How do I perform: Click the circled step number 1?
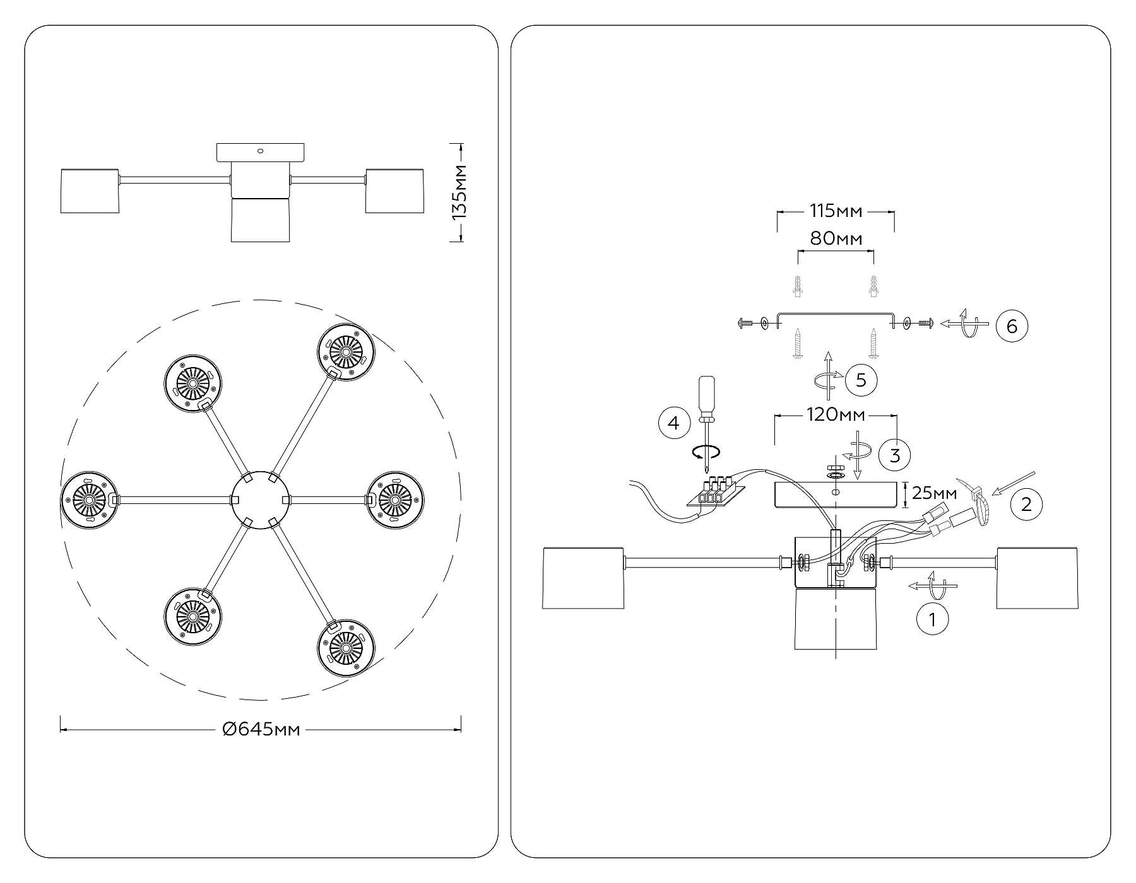[932, 619]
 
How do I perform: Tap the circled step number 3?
[895, 455]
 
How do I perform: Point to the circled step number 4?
[674, 423]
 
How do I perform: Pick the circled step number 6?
[1012, 326]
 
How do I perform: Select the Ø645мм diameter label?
[261, 730]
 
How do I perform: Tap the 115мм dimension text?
[836, 211]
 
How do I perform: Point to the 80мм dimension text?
[836, 238]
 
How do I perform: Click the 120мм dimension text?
[836, 415]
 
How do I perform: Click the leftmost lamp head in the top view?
[89, 500]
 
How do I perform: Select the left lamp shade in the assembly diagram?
[583, 578]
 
